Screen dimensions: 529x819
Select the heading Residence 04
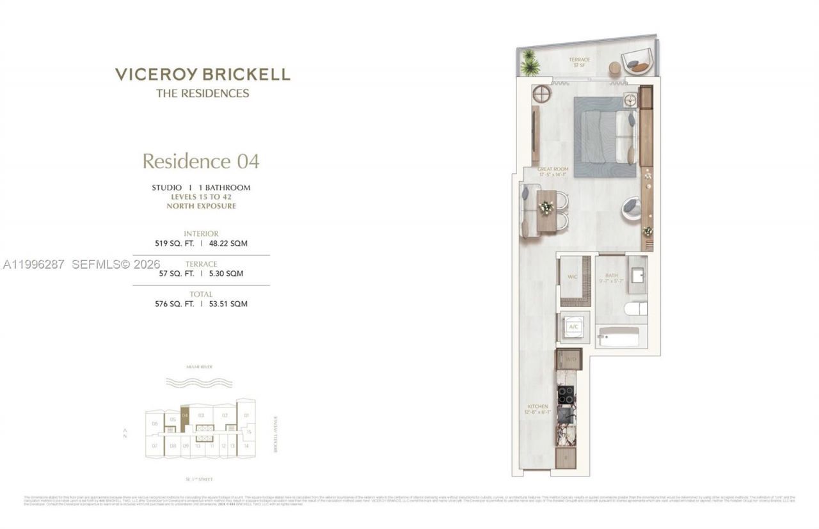[x=200, y=161]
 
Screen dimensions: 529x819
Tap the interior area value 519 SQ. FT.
[x=173, y=244]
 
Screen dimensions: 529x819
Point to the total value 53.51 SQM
[x=228, y=304]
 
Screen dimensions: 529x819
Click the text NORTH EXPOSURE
[x=201, y=206]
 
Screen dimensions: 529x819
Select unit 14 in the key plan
[x=246, y=445]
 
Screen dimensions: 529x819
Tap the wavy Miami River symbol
[x=189, y=383]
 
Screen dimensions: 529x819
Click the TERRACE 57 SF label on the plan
[x=580, y=62]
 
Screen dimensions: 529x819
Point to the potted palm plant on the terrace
[x=530, y=63]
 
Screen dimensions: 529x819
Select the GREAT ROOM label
[x=553, y=171]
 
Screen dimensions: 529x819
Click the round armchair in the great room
[x=631, y=208]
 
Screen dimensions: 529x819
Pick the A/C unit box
[x=573, y=327]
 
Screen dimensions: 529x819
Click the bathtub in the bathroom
[x=619, y=336]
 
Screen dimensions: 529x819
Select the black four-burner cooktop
[x=566, y=395]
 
